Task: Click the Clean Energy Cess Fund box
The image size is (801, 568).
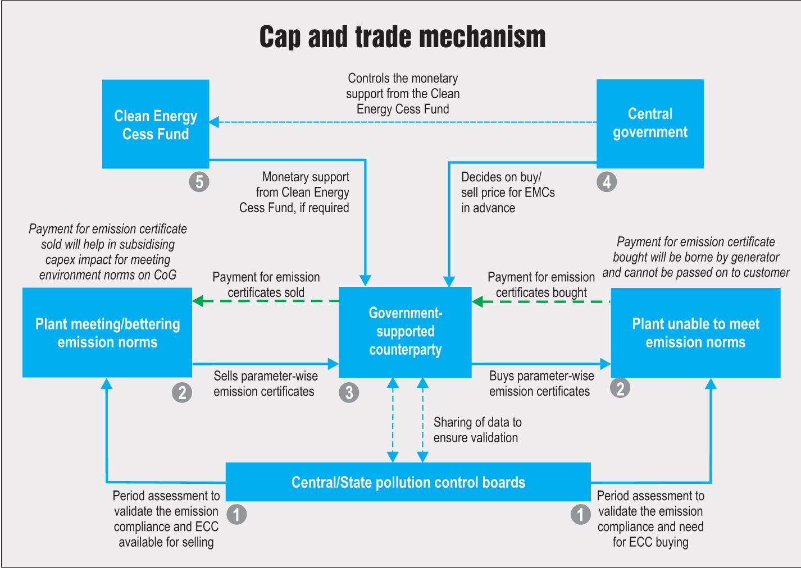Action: (x=156, y=124)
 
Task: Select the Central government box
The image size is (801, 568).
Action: (x=650, y=123)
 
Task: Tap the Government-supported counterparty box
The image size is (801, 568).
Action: (x=405, y=332)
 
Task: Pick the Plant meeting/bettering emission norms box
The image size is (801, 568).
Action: (x=107, y=333)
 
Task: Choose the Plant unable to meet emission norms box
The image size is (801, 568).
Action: (x=695, y=333)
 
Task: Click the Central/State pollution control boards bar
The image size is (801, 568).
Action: (x=408, y=482)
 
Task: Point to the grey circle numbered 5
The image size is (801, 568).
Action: (x=199, y=182)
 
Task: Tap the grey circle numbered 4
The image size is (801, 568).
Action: (x=607, y=182)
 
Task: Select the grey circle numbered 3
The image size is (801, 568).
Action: (x=349, y=392)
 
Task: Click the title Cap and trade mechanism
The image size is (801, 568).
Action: (x=402, y=37)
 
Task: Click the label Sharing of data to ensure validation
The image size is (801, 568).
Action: (x=477, y=430)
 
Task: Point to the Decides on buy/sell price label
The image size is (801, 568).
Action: (x=507, y=193)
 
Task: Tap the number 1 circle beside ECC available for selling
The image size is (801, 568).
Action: (x=236, y=514)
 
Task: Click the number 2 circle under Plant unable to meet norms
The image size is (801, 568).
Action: (x=620, y=388)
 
